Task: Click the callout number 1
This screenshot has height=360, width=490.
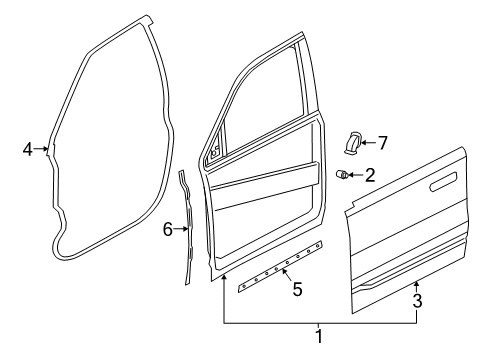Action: point(319,336)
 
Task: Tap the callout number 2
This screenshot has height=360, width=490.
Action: point(369,176)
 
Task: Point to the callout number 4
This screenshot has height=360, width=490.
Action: point(28,150)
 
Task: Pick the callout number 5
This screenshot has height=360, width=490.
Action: point(296,290)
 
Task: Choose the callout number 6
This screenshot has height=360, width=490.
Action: point(169,229)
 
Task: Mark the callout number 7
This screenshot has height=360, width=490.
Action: point(381,143)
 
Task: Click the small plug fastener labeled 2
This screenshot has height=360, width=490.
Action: point(343,176)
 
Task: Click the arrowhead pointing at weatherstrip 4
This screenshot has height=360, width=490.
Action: point(47,150)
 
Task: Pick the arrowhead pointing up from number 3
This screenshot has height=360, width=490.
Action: point(417,286)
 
